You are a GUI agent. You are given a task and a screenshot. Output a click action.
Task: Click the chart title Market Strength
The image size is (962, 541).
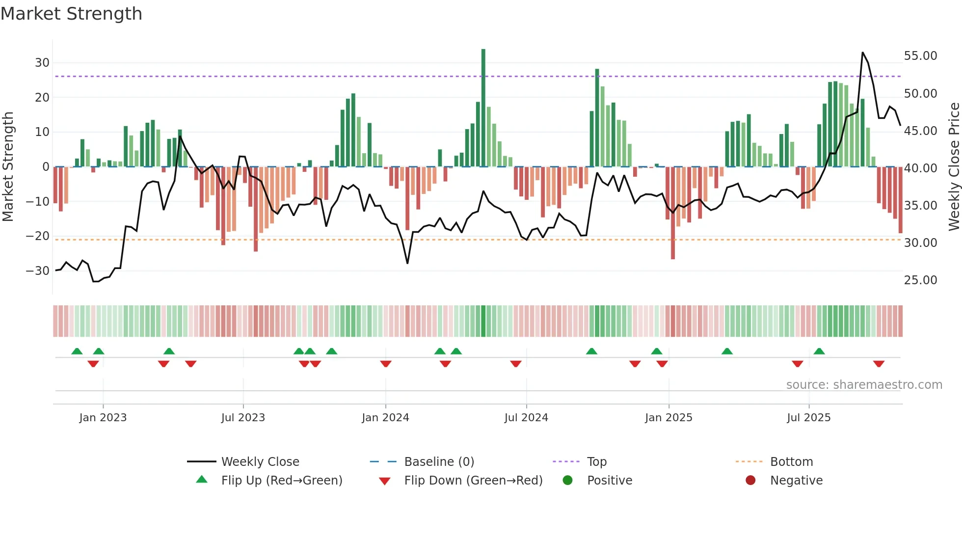[71, 14]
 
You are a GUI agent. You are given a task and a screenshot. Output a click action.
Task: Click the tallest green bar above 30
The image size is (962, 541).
[483, 108]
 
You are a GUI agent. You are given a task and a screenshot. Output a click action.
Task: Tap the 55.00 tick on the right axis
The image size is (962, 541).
[920, 56]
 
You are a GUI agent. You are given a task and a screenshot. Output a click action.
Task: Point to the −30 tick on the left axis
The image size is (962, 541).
[38, 271]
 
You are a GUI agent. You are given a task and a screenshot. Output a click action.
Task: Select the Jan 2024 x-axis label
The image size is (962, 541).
[385, 418]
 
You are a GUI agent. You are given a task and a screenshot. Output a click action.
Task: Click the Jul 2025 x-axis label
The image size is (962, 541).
[808, 418]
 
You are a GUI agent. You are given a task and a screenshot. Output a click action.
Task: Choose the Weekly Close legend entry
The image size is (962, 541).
[260, 462]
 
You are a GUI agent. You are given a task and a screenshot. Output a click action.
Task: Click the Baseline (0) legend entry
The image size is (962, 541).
[439, 462]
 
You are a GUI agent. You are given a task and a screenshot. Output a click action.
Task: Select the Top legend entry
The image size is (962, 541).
[596, 462]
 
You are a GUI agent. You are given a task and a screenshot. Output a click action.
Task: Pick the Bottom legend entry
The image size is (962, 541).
[791, 462]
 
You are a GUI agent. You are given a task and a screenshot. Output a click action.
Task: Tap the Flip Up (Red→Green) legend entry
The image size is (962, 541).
[281, 481]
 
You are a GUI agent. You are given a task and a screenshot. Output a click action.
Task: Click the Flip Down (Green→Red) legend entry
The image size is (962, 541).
[473, 481]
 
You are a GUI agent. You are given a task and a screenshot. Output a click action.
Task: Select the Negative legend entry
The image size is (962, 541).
[796, 481]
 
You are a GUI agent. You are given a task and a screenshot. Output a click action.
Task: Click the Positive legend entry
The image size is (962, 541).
[610, 481]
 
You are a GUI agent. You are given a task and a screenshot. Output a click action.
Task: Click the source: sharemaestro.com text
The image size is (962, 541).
[864, 385]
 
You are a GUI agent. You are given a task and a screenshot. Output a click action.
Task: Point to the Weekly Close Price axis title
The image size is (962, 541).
[954, 167]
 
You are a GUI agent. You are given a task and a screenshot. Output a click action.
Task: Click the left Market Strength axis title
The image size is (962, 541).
[8, 167]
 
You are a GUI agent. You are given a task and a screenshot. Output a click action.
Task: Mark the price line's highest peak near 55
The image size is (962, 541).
[863, 53]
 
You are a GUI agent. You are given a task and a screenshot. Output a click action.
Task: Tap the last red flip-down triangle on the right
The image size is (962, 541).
[879, 364]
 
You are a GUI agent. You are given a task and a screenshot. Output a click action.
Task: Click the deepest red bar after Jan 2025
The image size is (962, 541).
[673, 213]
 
